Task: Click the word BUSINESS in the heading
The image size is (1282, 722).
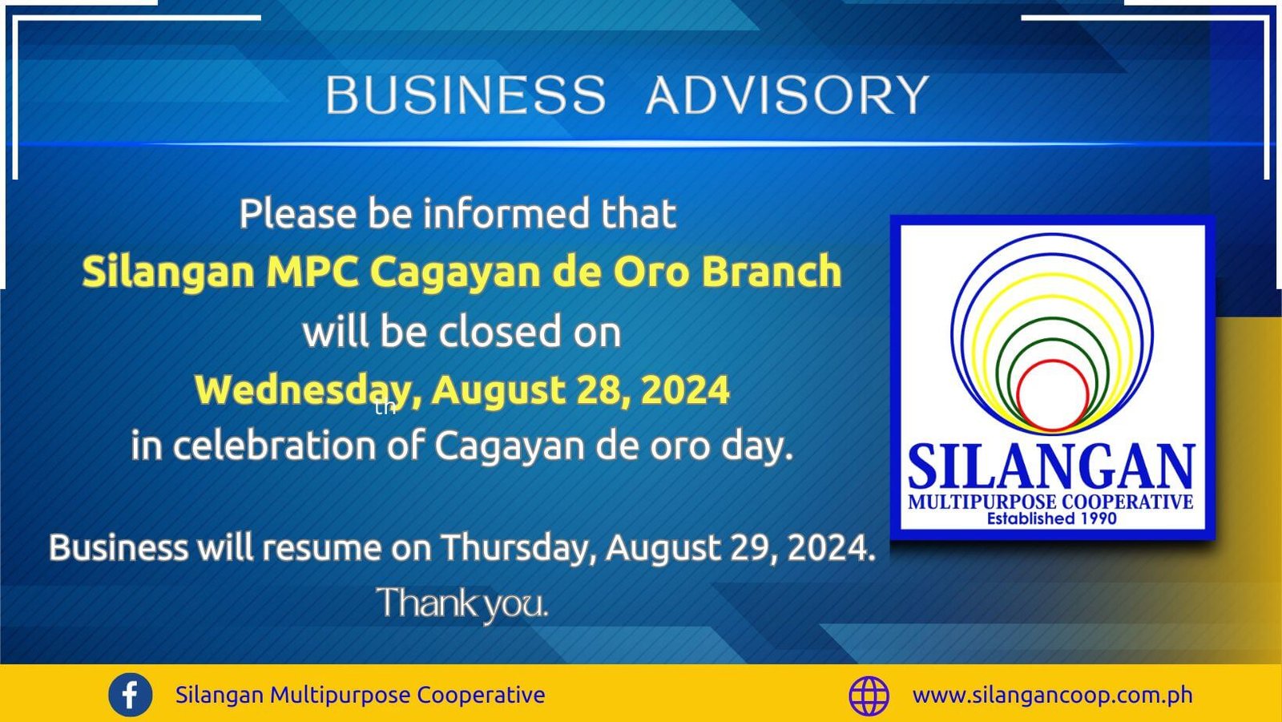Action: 466,95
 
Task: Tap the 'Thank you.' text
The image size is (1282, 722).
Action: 462,603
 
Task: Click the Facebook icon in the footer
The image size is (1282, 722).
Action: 131,695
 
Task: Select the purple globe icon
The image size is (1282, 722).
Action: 869,696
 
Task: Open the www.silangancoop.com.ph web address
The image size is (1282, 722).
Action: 1053,695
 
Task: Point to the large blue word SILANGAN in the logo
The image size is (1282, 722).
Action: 1051,466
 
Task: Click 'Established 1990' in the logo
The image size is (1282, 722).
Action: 1051,518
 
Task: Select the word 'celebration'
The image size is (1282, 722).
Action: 274,446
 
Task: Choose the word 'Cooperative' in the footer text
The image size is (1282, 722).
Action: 481,695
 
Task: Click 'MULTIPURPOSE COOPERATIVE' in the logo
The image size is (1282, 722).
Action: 1050,502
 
